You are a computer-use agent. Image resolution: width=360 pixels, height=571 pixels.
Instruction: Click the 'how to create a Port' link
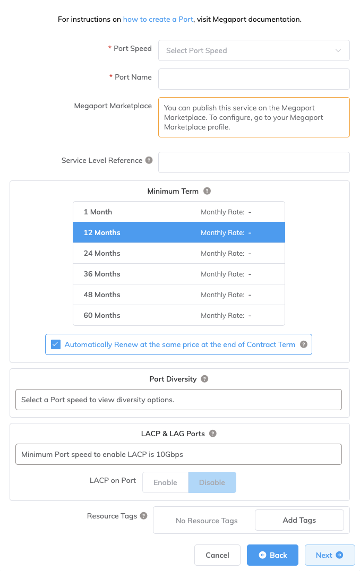[x=158, y=20]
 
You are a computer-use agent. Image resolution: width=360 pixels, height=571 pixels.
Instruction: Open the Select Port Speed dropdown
[x=254, y=50]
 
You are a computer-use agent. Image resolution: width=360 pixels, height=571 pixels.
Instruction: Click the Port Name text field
[x=254, y=79]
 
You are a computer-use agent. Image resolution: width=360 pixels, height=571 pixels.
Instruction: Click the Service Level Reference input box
[x=254, y=162]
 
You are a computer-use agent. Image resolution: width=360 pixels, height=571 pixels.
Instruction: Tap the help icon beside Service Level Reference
[x=149, y=160]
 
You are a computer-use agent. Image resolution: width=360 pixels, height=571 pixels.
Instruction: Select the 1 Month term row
[x=179, y=212]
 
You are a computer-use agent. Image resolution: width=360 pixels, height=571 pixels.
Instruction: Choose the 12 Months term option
[x=179, y=232]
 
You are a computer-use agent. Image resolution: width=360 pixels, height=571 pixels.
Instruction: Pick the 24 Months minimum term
[x=179, y=253]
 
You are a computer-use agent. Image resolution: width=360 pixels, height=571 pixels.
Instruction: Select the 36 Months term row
[x=179, y=274]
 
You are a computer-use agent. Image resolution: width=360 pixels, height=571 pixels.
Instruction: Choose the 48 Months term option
[x=179, y=295]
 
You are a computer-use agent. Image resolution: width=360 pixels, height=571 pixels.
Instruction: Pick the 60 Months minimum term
[x=179, y=315]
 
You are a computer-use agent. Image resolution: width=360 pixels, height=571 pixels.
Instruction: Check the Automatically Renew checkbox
[x=56, y=344]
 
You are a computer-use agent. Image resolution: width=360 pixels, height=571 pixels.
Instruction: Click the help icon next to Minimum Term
[x=207, y=191]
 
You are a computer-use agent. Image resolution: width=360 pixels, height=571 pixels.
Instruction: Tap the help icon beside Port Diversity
[x=204, y=379]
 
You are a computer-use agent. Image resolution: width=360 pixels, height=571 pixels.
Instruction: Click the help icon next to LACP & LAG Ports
[x=213, y=434]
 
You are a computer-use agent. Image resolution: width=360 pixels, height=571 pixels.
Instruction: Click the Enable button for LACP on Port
[x=165, y=482]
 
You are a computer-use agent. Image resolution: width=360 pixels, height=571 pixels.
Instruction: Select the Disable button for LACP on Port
[x=212, y=482]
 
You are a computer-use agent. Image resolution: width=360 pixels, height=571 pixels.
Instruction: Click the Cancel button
[x=217, y=555]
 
